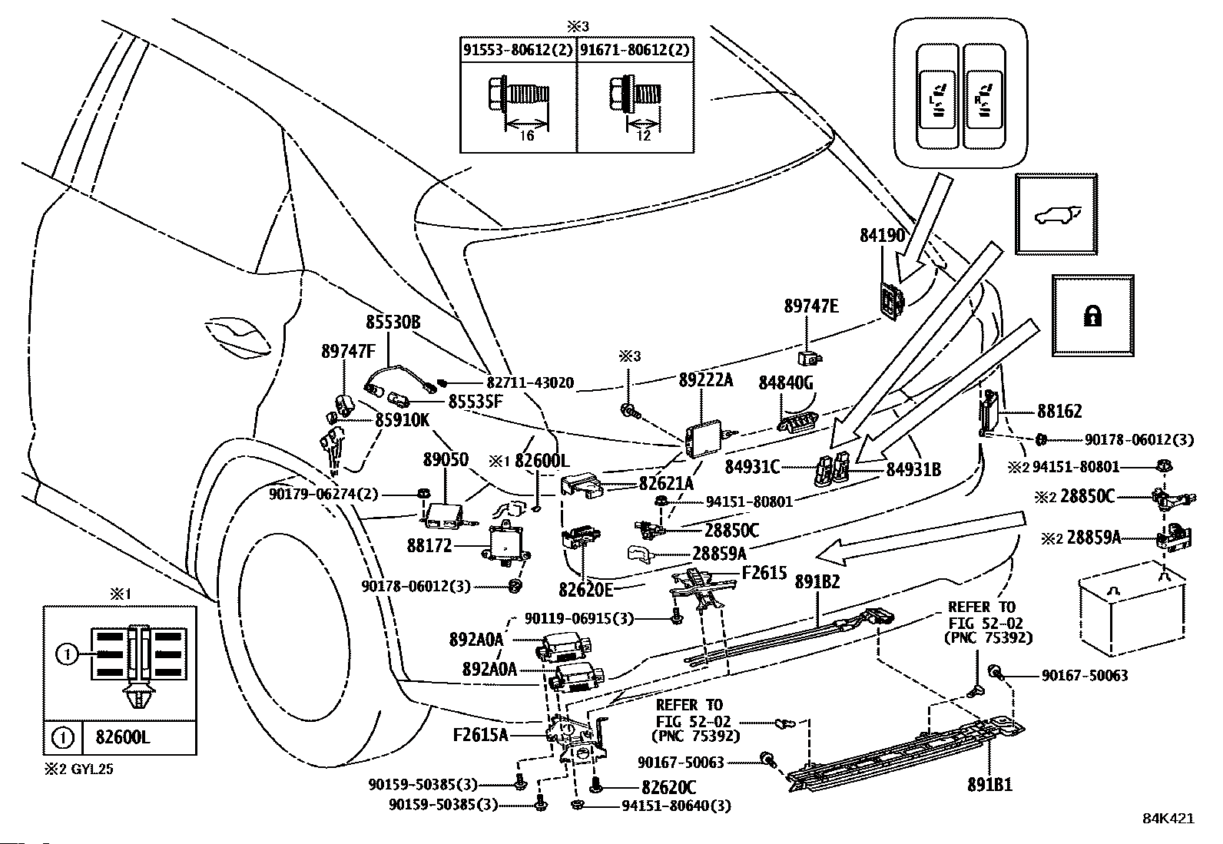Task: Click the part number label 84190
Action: pyautogui.click(x=883, y=236)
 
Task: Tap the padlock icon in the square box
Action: pyautogui.click(x=1092, y=316)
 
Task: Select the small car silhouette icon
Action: pyautogui.click(x=1056, y=214)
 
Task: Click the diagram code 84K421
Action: pyautogui.click(x=1168, y=819)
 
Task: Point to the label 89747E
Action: pyautogui.click(x=811, y=306)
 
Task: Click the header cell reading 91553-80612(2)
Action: pyautogui.click(x=518, y=50)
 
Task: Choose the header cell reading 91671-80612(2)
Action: pyautogui.click(x=635, y=50)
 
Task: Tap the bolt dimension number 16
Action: pyautogui.click(x=526, y=135)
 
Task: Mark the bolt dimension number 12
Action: pyautogui.click(x=644, y=135)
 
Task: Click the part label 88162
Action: pyautogui.click(x=1059, y=411)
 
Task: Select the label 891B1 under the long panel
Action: pyautogui.click(x=990, y=785)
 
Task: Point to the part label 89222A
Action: pyautogui.click(x=706, y=380)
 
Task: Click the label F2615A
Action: pyautogui.click(x=480, y=736)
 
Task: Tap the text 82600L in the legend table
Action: pyautogui.click(x=123, y=737)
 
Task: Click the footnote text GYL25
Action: pyautogui.click(x=92, y=770)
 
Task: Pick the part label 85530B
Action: pyautogui.click(x=393, y=322)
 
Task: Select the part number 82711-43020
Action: pyautogui.click(x=530, y=382)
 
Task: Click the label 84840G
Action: pyautogui.click(x=786, y=383)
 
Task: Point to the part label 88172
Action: pyautogui.click(x=429, y=545)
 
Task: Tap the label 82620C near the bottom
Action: pyautogui.click(x=669, y=786)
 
